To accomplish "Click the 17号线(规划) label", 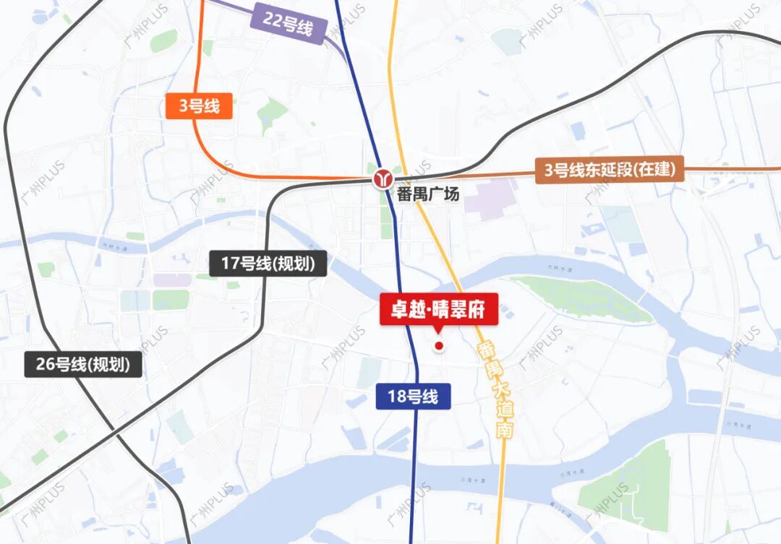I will point(268,264).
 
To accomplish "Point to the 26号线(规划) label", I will point(83,365).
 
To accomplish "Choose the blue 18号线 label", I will point(414,397).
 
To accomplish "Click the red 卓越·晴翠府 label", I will point(440,311).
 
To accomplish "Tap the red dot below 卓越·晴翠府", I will point(438,347).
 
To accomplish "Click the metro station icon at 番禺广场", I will point(383,178).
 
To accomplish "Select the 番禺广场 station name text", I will point(427,194).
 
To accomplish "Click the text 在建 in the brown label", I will point(659,170).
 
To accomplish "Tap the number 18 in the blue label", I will point(396,397).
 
